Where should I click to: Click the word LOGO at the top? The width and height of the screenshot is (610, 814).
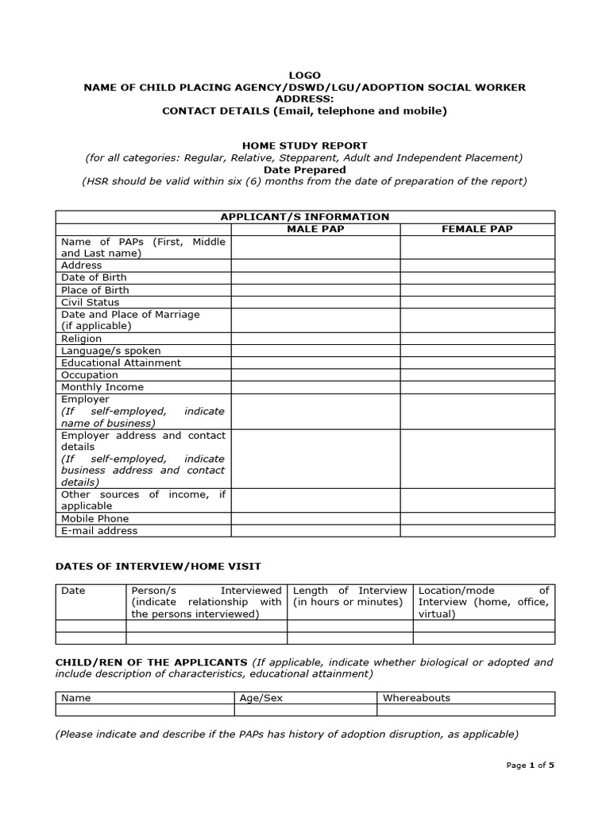coord(304,75)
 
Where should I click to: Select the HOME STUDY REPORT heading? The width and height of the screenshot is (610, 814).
coord(304,145)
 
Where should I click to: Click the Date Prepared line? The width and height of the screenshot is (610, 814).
coord(304,169)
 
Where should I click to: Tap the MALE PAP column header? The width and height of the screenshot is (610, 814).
coord(315,229)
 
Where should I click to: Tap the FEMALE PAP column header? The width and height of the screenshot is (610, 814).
coord(477,229)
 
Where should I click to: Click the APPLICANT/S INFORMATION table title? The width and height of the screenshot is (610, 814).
coord(304,216)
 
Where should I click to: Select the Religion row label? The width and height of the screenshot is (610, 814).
coord(81,339)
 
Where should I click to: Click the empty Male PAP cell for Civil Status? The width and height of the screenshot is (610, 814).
coord(315,302)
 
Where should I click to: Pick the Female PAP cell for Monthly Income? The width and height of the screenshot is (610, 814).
coord(477,387)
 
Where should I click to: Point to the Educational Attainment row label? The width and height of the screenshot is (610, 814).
coord(121,362)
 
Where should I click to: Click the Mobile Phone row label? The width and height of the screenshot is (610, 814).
coord(95,518)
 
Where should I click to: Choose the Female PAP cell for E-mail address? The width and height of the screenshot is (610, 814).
coord(477,530)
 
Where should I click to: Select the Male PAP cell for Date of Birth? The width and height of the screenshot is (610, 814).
coord(315,277)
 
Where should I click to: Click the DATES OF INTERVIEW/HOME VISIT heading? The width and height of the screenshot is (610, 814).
coord(157,566)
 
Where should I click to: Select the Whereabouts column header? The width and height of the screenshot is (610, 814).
coord(416,698)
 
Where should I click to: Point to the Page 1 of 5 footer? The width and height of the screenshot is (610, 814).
coord(530,765)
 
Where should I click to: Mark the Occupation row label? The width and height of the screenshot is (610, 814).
coord(89,375)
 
